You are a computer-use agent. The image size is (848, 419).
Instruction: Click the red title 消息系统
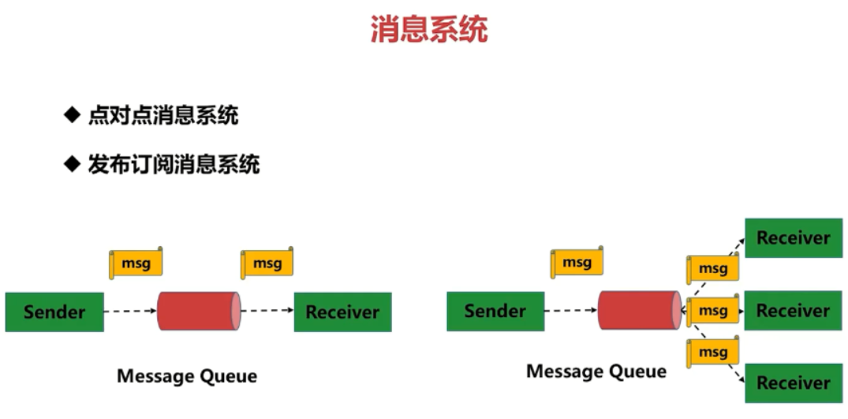(x=429, y=30)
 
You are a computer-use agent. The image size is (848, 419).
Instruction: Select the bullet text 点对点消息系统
(x=163, y=116)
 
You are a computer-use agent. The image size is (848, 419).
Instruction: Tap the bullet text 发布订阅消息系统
(x=174, y=164)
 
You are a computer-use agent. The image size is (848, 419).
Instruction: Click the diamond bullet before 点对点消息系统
(x=73, y=116)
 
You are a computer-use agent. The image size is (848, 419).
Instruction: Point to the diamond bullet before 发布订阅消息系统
(x=73, y=164)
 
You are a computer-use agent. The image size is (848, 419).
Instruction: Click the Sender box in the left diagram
(x=54, y=312)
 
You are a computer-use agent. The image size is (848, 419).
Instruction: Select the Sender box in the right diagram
(x=495, y=311)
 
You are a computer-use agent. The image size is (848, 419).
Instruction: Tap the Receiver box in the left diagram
(x=342, y=312)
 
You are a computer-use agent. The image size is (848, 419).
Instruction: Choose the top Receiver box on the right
(x=793, y=238)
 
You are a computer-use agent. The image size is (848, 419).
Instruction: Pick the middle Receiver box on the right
(x=793, y=310)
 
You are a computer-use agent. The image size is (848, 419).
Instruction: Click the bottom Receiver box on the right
(x=793, y=383)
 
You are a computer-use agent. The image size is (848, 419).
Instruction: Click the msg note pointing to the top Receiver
(x=712, y=269)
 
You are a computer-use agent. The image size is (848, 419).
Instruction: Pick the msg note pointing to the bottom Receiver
(x=712, y=351)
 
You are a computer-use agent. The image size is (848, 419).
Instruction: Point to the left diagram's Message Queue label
(x=187, y=376)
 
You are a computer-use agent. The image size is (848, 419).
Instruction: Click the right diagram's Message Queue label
(x=596, y=371)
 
